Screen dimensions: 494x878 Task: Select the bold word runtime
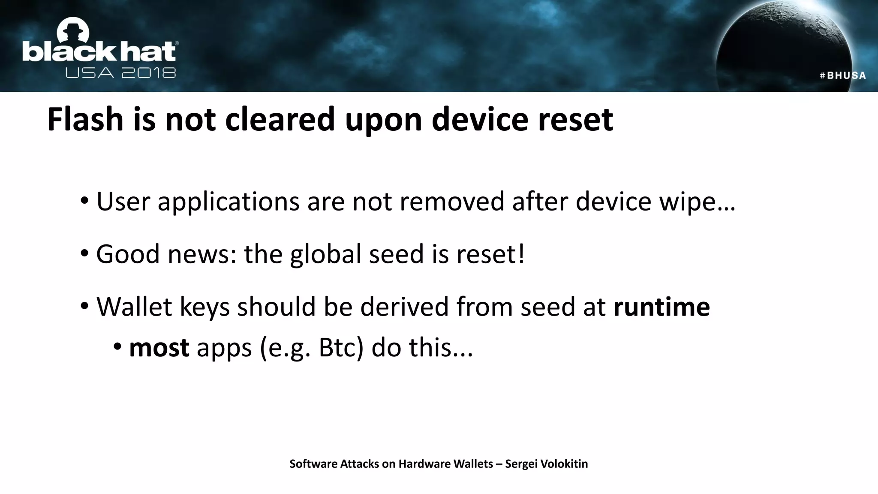tap(662, 307)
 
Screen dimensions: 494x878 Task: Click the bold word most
tap(159, 347)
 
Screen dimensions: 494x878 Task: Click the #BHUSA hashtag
tap(842, 76)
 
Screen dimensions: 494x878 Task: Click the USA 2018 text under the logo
tap(120, 73)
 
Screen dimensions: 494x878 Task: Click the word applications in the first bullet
tap(228, 201)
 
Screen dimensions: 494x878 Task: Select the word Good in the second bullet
tap(128, 254)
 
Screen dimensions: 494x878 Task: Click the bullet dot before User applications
tap(84, 200)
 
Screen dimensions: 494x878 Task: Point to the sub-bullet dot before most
tap(117, 346)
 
